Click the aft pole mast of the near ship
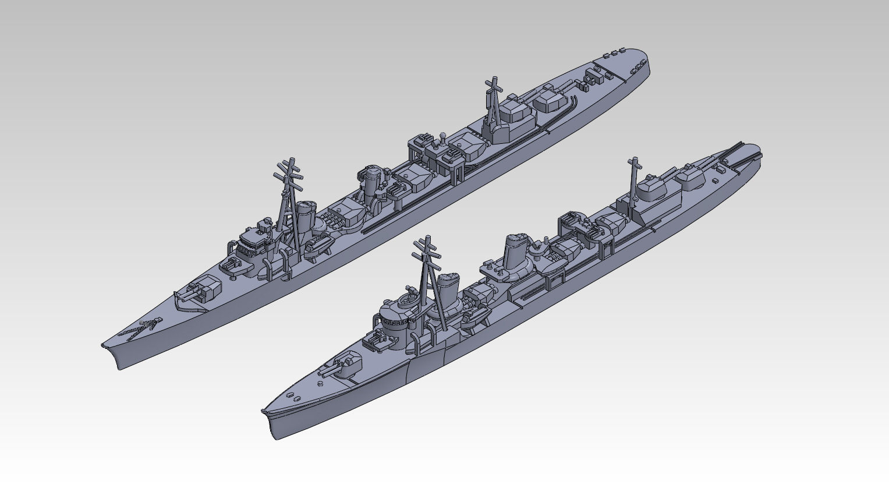coord(633,181)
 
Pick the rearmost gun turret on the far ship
coord(551,100)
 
